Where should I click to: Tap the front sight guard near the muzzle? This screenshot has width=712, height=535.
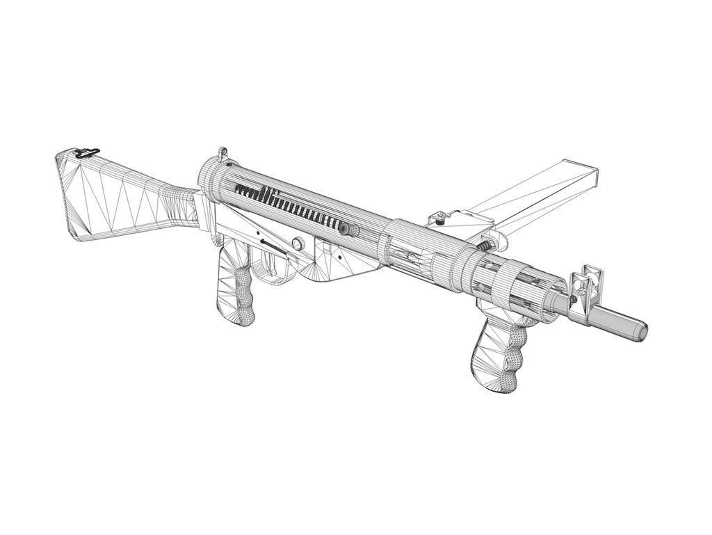[x=588, y=282]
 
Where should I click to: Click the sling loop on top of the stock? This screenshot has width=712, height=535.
[x=88, y=152]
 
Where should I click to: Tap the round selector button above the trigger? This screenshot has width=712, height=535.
[x=298, y=243]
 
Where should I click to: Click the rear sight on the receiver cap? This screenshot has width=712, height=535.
[x=222, y=153]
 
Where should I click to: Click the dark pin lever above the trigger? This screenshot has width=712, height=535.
[x=273, y=245]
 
